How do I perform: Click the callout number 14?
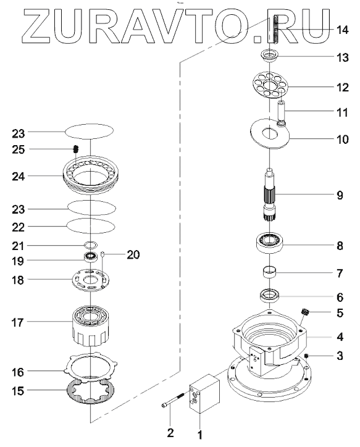pyautogui.click(x=342, y=30)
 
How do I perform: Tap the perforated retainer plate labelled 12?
pyautogui.click(x=270, y=85)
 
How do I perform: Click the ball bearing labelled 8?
pyautogui.click(x=270, y=243)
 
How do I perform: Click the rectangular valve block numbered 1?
pyautogui.click(x=204, y=393)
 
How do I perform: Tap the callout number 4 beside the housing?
pyautogui.click(x=340, y=337)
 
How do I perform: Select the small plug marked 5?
pyautogui.click(x=306, y=312)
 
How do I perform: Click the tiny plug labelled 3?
pyautogui.click(x=307, y=356)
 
